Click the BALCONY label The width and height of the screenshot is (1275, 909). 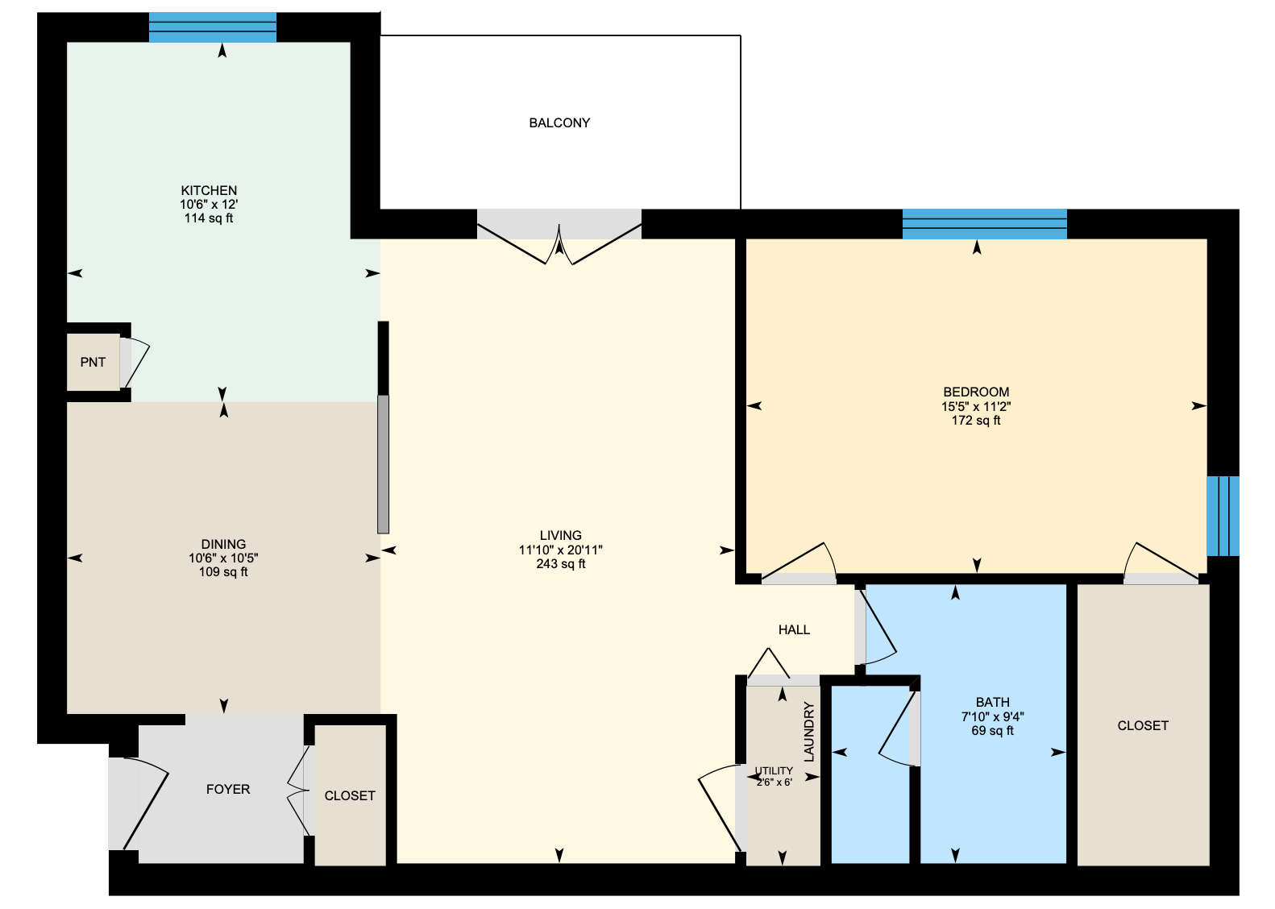point(559,123)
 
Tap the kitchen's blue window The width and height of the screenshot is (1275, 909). point(213,27)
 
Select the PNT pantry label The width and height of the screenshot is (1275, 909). point(93,363)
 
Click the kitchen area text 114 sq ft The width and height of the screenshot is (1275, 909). point(209,218)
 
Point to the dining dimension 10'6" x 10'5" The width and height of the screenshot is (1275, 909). point(224,558)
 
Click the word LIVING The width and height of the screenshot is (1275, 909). point(561,536)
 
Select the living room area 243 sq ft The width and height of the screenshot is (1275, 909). point(561,564)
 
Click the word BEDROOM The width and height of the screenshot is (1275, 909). point(976,392)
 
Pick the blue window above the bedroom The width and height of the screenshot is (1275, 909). point(985,224)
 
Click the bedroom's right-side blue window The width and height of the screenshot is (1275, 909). point(1223,517)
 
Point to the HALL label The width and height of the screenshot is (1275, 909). point(794,630)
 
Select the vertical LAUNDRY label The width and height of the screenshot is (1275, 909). point(809,732)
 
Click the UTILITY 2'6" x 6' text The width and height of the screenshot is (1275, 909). point(774,776)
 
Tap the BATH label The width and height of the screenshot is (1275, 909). point(993,703)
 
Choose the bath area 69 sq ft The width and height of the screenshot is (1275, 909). point(993,731)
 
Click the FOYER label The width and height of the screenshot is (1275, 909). point(227,790)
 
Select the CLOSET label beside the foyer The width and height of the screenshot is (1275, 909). point(350,795)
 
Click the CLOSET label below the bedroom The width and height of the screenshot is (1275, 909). point(1143,726)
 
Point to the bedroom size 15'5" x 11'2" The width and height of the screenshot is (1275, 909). point(976,407)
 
